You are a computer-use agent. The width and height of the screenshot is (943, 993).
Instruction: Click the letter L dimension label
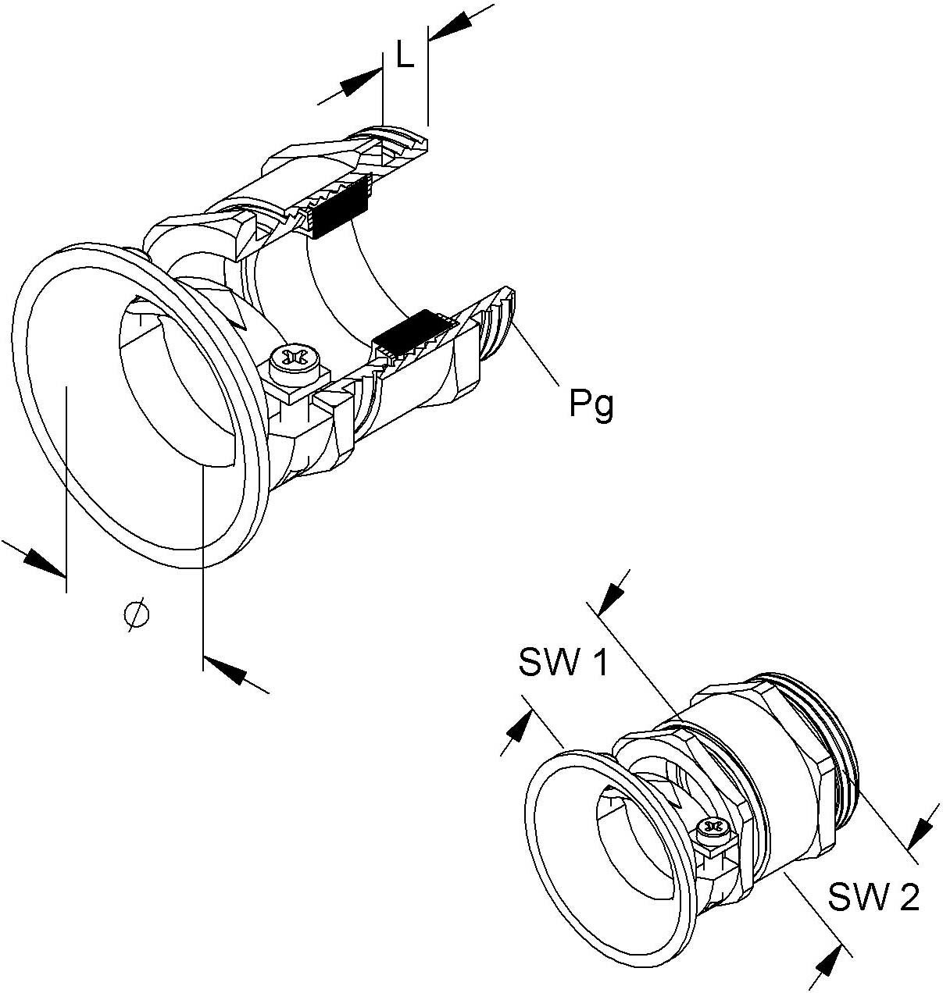point(405,55)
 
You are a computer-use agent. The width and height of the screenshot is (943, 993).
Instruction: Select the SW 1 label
point(563,664)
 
